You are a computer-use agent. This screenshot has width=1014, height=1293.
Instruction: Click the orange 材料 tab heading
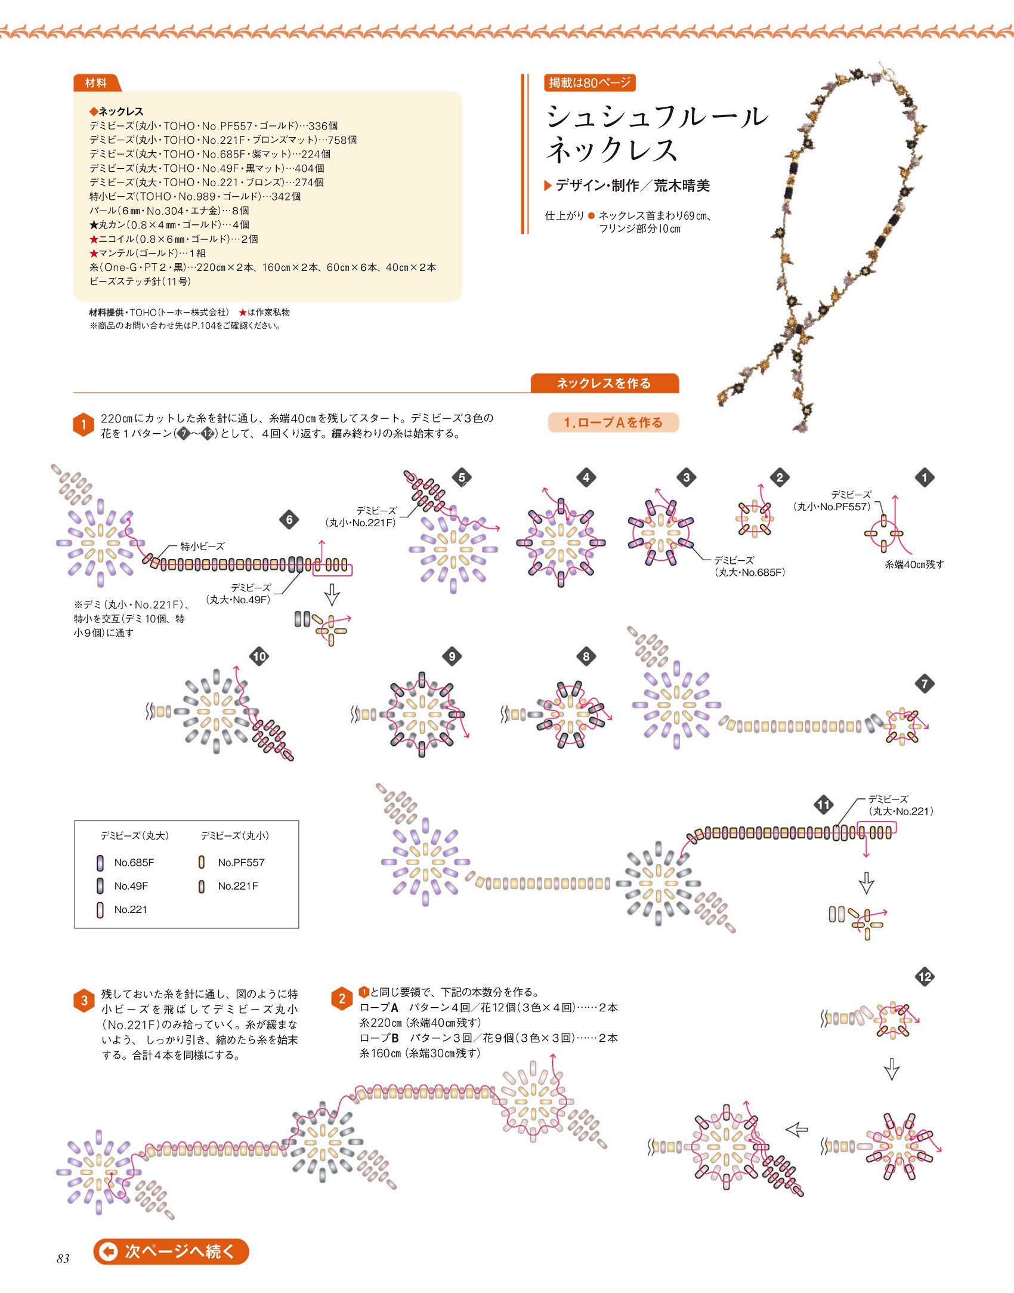(96, 83)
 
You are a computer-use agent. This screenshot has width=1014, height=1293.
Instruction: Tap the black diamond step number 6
(289, 519)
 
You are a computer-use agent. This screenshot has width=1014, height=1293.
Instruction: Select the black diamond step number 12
(925, 977)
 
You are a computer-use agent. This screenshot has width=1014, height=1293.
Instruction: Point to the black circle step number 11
(824, 804)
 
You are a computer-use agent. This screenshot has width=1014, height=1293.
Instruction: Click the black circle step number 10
(259, 656)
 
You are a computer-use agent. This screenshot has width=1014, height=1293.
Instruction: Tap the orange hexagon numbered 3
(84, 1001)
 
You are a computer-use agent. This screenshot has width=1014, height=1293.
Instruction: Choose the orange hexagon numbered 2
(342, 999)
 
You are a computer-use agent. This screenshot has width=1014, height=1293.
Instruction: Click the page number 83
(63, 1259)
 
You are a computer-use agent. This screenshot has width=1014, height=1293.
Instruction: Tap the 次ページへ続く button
(171, 1251)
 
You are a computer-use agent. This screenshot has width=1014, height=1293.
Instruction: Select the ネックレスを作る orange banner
(604, 383)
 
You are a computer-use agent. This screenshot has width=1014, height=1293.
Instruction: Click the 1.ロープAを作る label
(613, 422)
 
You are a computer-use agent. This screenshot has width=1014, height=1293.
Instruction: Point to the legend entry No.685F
(134, 862)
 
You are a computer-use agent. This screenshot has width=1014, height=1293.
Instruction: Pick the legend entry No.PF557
(240, 862)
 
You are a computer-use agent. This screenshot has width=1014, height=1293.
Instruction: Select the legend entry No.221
(130, 909)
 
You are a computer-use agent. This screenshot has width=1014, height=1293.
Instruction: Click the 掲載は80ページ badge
(589, 83)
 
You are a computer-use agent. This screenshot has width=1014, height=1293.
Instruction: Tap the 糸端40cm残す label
(914, 564)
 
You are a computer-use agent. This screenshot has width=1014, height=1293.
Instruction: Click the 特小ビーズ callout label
(203, 546)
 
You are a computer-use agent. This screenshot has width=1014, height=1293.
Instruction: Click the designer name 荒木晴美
(681, 186)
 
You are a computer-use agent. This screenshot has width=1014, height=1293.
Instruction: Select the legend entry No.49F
(131, 886)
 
